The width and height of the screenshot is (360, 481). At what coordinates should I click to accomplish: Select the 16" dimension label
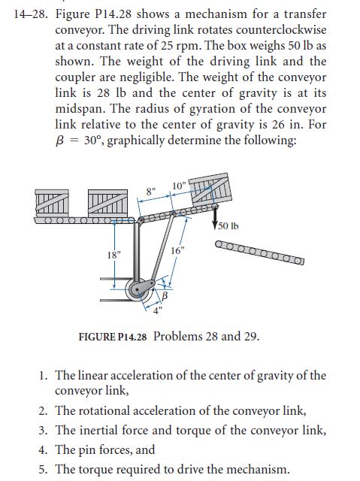[x=177, y=250]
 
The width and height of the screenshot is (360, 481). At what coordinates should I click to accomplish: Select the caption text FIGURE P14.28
[x=113, y=336]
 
